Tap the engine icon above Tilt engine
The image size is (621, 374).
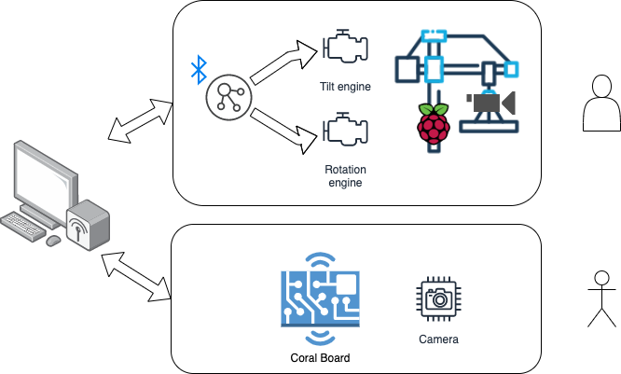tap(345, 50)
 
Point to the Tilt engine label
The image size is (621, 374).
tap(345, 87)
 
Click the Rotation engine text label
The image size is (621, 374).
tap(345, 176)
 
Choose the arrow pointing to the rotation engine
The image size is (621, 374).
tap(284, 129)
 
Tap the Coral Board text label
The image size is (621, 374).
tap(320, 356)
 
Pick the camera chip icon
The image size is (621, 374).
tap(436, 298)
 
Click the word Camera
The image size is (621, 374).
tap(437, 339)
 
